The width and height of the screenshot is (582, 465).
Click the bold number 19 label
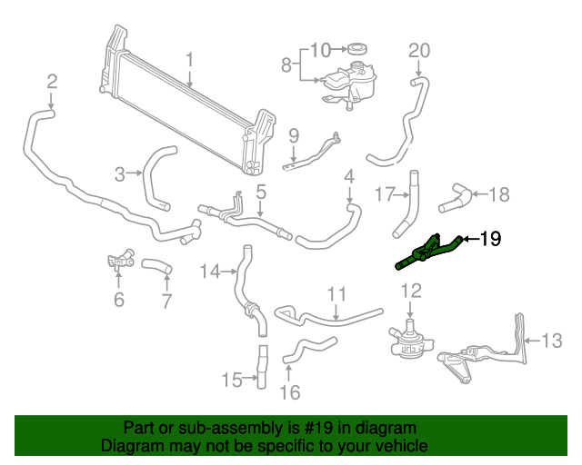point(489,240)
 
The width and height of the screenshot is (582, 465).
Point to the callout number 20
point(418,49)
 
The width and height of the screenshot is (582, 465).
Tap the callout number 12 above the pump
point(411,292)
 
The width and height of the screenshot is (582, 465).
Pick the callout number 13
point(553,341)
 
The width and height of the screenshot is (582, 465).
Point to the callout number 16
point(289,393)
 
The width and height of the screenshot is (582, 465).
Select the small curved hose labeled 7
point(161,268)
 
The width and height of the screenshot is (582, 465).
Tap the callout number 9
point(294,135)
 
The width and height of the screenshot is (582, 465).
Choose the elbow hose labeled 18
point(459,193)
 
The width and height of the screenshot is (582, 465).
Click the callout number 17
point(386,193)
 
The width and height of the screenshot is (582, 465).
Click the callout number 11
point(337,294)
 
